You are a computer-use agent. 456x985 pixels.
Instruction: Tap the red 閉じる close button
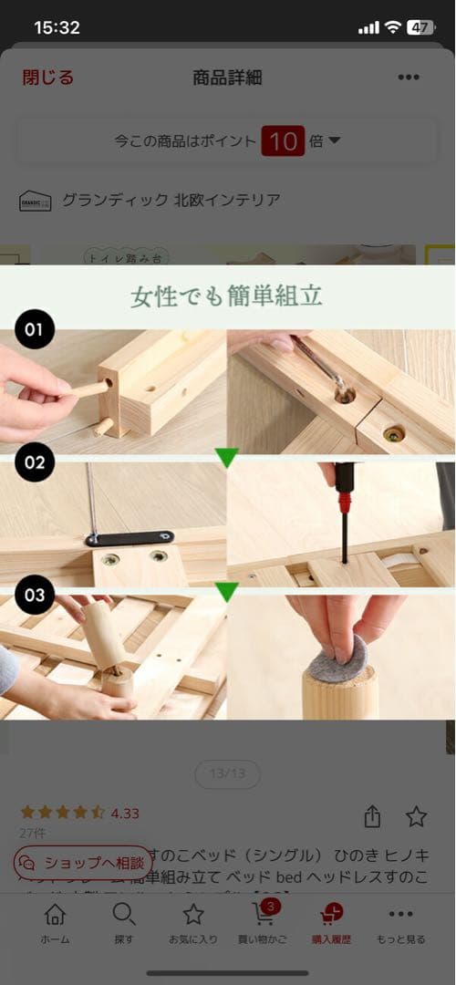pyautogui.click(x=47, y=78)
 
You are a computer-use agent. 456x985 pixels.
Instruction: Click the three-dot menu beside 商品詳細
pyautogui.click(x=409, y=78)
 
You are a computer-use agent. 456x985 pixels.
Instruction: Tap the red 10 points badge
pyautogui.click(x=283, y=140)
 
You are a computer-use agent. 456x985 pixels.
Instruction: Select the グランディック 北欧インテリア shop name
pyautogui.click(x=171, y=200)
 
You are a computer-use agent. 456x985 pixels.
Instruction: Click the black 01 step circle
pyautogui.click(x=35, y=329)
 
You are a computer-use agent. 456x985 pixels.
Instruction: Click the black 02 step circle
pyautogui.click(x=35, y=462)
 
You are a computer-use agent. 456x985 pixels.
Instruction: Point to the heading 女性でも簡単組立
pyautogui.click(x=227, y=296)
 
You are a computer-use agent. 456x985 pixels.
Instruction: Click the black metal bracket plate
pyautogui.click(x=130, y=538)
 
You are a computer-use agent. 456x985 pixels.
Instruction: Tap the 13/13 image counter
pyautogui.click(x=227, y=774)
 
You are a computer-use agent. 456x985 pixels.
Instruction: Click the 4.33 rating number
pyautogui.click(x=125, y=813)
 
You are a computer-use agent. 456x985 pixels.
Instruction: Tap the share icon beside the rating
pyautogui.click(x=372, y=816)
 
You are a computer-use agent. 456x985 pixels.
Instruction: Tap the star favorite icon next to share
pyautogui.click(x=416, y=816)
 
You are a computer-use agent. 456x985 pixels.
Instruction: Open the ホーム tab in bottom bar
pyautogui.click(x=55, y=923)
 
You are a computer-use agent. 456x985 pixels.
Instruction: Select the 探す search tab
pyautogui.click(x=124, y=923)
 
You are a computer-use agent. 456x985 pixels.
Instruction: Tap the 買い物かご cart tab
pyautogui.click(x=263, y=923)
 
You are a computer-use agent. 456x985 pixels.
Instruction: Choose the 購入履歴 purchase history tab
pyautogui.click(x=331, y=923)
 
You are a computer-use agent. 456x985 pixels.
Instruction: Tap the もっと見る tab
pyautogui.click(x=400, y=923)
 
